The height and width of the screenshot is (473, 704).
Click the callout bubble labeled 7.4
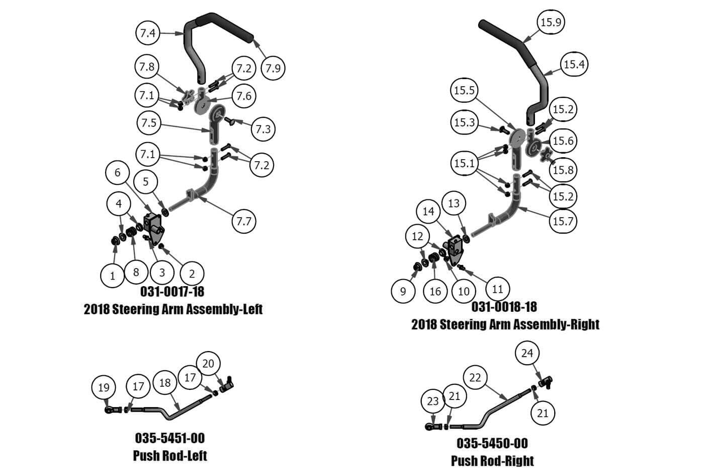tap(148, 33)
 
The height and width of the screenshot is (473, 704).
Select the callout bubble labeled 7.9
tap(273, 68)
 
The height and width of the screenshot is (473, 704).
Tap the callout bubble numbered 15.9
tap(551, 22)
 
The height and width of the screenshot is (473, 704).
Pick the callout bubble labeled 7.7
tap(244, 221)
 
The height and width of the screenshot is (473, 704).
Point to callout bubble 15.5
tap(464, 91)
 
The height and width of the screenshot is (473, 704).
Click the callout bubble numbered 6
tap(118, 173)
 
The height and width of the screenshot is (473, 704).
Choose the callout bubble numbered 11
tap(497, 289)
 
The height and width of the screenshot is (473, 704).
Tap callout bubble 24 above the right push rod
tap(527, 353)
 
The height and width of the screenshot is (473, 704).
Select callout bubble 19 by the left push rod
tap(104, 387)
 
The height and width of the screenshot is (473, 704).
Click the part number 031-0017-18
tap(172, 292)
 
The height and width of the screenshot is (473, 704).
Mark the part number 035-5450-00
tap(492, 443)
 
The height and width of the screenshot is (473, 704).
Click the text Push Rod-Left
tap(170, 455)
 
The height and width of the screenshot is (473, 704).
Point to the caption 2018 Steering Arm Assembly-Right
tap(505, 324)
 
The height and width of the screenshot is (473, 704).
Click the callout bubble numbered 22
tap(475, 377)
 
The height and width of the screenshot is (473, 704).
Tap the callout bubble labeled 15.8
tap(563, 170)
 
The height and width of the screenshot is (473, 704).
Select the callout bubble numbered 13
tap(454, 204)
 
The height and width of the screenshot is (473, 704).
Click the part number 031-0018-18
tap(504, 307)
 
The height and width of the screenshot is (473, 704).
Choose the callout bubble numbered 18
tap(165, 383)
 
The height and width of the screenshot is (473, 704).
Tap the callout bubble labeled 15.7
tap(563, 221)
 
